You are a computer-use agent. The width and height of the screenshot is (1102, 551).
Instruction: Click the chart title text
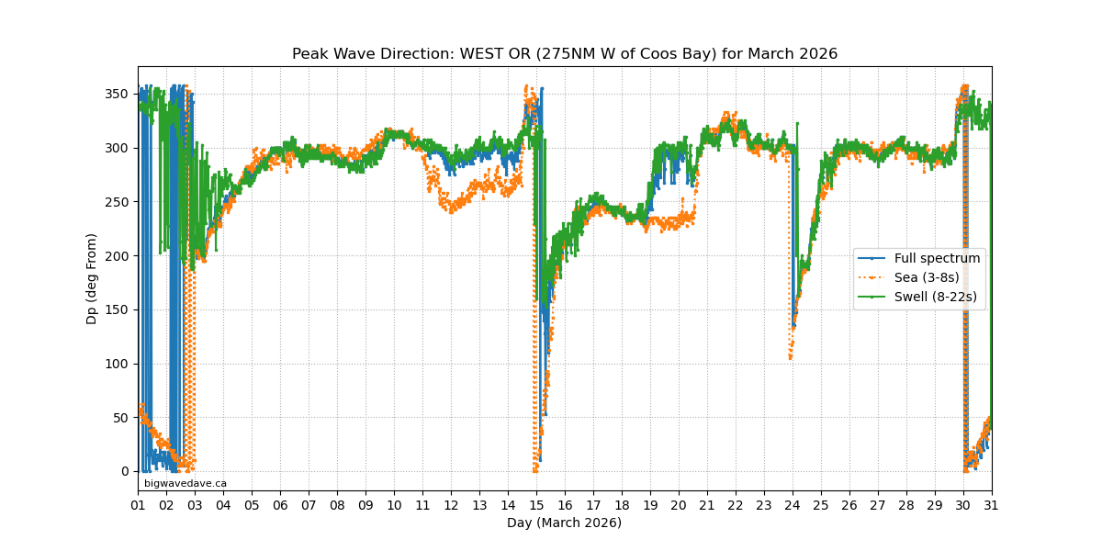(565, 54)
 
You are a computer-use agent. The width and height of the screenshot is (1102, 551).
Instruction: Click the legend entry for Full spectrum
(937, 259)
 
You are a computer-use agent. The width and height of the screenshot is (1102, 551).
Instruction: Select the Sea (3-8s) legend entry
(927, 278)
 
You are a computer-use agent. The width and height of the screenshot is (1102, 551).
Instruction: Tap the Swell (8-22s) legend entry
(935, 298)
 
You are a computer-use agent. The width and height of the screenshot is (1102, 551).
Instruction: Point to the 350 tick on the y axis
(117, 95)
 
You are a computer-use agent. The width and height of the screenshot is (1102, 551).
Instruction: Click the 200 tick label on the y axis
(117, 256)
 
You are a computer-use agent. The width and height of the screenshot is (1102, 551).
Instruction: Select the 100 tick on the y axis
(117, 364)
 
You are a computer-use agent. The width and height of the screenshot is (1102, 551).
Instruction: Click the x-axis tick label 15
(536, 506)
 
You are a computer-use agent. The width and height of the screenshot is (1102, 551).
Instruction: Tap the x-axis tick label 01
(138, 506)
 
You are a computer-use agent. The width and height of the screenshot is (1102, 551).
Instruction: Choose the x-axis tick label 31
(992, 506)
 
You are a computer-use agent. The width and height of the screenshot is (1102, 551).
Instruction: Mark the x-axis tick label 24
(793, 506)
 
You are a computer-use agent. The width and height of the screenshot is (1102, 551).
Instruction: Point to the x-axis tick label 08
(337, 506)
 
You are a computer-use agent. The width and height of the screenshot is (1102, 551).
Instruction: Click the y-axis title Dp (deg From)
(92, 278)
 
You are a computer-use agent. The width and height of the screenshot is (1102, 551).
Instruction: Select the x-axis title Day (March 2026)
(564, 523)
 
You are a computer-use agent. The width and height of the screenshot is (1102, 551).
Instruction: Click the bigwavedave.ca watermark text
(186, 483)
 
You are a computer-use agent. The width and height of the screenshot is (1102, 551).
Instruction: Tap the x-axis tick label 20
(679, 506)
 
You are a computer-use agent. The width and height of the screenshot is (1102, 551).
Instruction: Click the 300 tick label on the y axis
(117, 148)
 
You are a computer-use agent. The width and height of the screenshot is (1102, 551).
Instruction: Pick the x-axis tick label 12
(451, 506)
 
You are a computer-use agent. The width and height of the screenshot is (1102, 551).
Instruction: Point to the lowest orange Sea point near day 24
(790, 357)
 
